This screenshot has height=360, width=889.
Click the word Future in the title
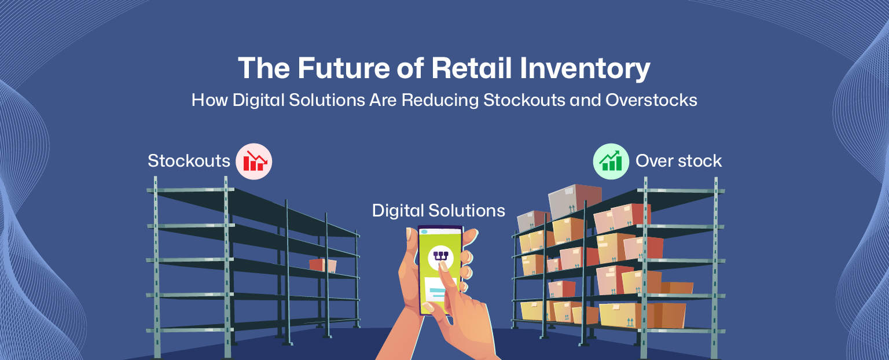(344, 68)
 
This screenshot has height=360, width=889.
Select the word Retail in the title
(471, 68)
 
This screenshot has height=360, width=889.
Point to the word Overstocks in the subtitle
(651, 100)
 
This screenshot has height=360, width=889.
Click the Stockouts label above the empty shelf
(189, 161)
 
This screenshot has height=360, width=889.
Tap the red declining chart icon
(254, 161)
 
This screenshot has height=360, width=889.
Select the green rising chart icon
(611, 161)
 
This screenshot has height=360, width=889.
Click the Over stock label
(679, 161)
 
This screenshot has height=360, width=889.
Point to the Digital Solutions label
(439, 210)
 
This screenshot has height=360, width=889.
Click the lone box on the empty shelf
(322, 266)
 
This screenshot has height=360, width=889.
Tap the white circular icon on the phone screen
(440, 257)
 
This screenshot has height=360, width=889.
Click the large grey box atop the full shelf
(575, 200)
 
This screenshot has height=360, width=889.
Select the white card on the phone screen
(440, 291)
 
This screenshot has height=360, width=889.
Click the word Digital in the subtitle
(259, 100)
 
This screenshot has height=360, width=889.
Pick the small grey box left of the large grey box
(532, 221)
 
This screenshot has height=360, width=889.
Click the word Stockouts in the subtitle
(524, 100)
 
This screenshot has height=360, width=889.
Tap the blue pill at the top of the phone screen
(424, 232)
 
